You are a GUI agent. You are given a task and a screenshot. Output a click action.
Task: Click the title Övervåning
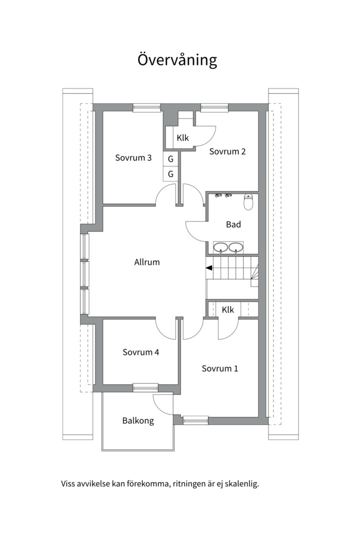click(x=177, y=59)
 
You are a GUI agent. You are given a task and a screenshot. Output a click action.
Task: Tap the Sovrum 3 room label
click(x=133, y=157)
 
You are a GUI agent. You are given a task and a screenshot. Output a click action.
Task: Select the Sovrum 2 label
click(x=227, y=151)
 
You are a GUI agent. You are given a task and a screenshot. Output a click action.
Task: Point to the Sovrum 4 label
click(x=141, y=352)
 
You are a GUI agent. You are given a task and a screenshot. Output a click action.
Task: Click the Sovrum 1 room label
click(x=220, y=368)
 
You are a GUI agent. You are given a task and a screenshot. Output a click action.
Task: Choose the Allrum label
click(x=147, y=262)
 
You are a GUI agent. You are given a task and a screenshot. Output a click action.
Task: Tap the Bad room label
click(x=233, y=224)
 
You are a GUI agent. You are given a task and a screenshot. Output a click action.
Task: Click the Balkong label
click(x=138, y=421)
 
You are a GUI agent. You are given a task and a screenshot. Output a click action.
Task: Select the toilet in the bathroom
click(x=248, y=202)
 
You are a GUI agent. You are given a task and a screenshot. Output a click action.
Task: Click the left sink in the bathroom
click(x=220, y=247)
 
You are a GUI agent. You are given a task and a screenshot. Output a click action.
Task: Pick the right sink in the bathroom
click(x=235, y=247)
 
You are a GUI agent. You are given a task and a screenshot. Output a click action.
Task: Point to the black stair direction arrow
click(x=209, y=267)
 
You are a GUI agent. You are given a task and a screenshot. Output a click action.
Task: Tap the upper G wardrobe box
click(x=170, y=159)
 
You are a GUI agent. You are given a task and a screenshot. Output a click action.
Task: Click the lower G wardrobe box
click(x=170, y=174)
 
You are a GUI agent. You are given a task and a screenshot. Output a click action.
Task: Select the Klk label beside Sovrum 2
click(x=183, y=138)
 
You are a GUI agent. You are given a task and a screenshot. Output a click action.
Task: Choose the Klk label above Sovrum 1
click(x=227, y=309)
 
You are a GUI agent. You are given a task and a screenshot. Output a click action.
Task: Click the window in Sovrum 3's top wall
click(x=147, y=108)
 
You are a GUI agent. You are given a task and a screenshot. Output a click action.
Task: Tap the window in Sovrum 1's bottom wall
click(x=195, y=420)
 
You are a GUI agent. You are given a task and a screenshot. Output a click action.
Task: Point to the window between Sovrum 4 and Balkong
click(x=145, y=388)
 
